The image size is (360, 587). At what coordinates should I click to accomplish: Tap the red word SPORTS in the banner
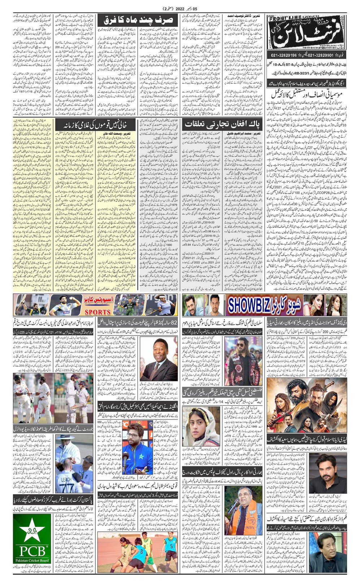click(97, 312)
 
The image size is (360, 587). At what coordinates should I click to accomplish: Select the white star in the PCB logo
click(32, 530)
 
